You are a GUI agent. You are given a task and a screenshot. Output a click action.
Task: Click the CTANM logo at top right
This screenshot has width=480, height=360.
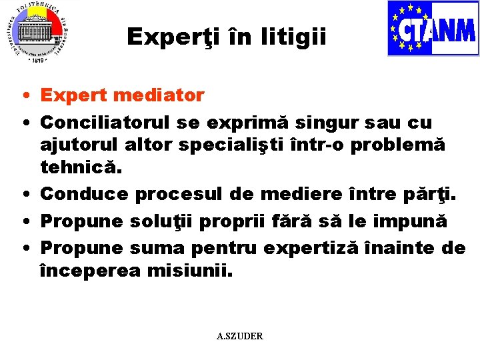tap(433, 28)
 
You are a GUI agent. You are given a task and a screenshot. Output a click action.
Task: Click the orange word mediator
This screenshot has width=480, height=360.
tap(159, 96)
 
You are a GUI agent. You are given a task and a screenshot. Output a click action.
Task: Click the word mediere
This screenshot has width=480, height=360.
tap(301, 194)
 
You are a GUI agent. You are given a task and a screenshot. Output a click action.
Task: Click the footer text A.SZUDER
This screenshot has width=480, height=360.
tap(240, 336)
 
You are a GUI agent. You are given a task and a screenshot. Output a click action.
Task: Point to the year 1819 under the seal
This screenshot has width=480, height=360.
tap(37, 60)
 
